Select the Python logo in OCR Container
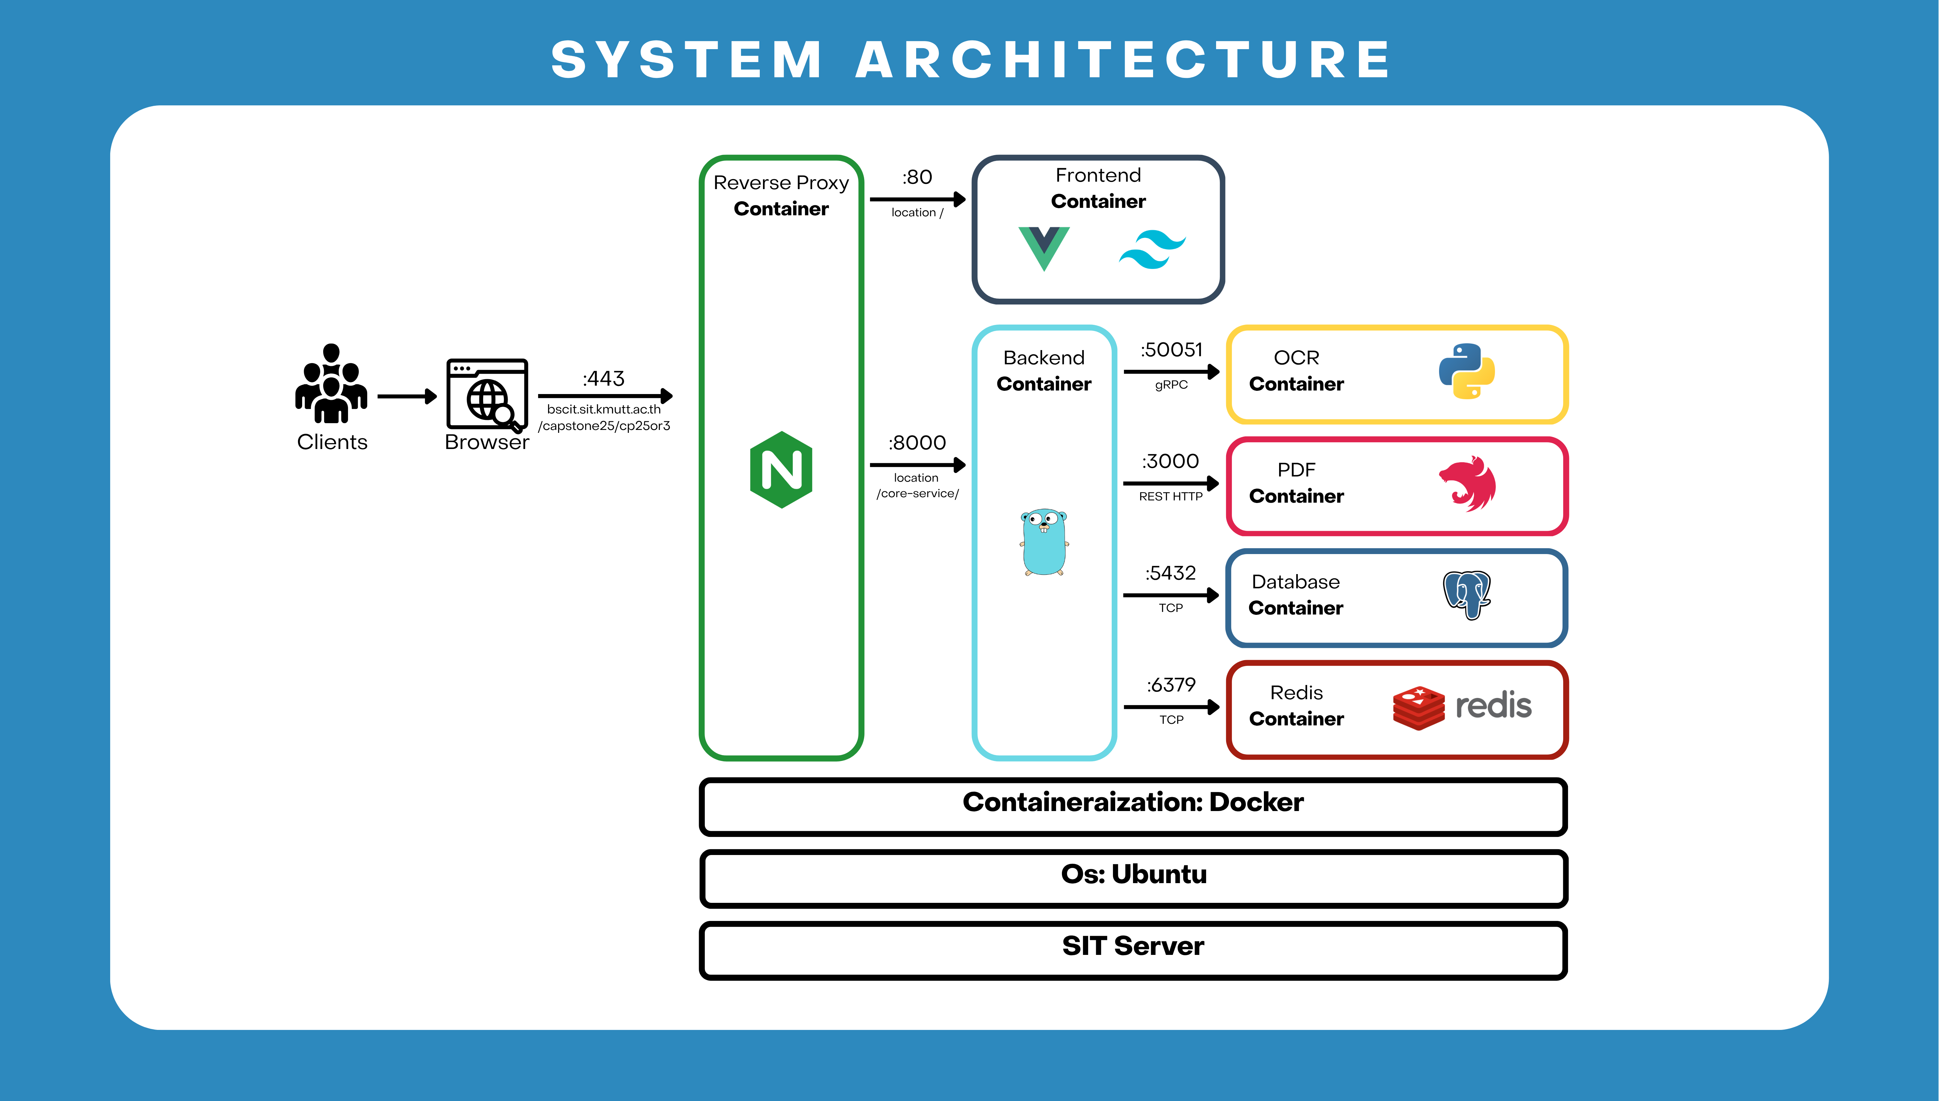(1467, 371)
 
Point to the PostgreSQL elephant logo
(1467, 595)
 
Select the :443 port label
(603, 378)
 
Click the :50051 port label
(1171, 349)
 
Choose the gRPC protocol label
(1171, 385)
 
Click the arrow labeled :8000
(917, 464)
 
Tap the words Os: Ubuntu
(1133, 874)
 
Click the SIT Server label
(1133, 946)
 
